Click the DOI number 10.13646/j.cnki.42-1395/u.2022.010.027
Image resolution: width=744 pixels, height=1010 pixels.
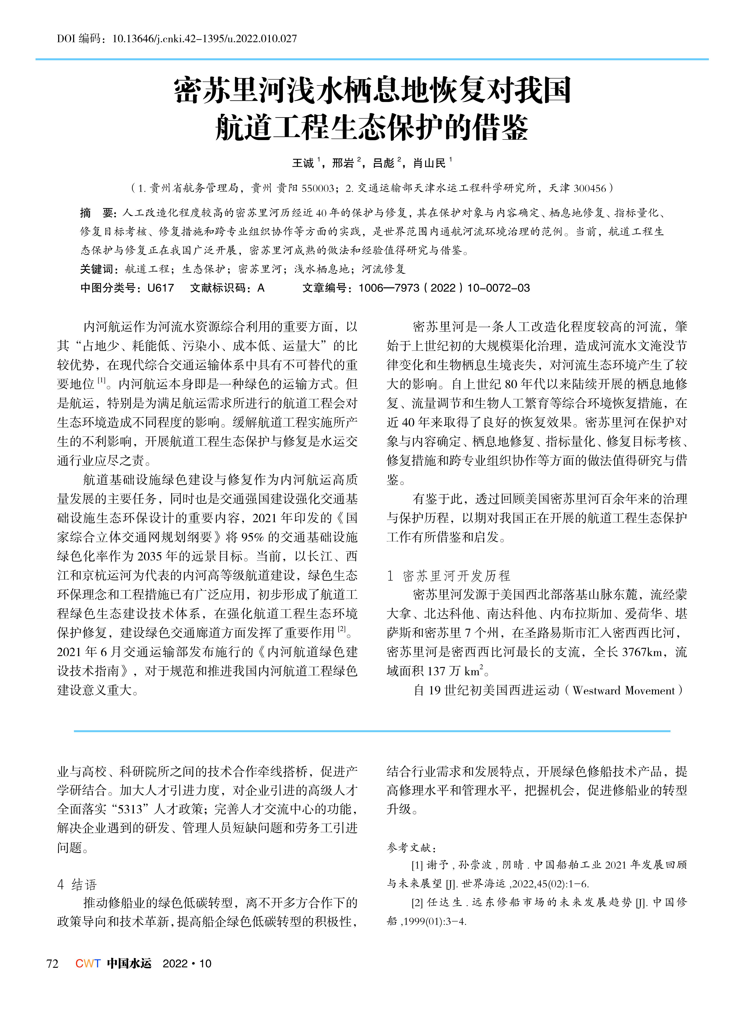coord(204,39)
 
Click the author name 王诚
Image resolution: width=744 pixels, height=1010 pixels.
coord(303,163)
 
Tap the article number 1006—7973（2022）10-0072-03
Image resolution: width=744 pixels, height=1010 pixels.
coord(444,288)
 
